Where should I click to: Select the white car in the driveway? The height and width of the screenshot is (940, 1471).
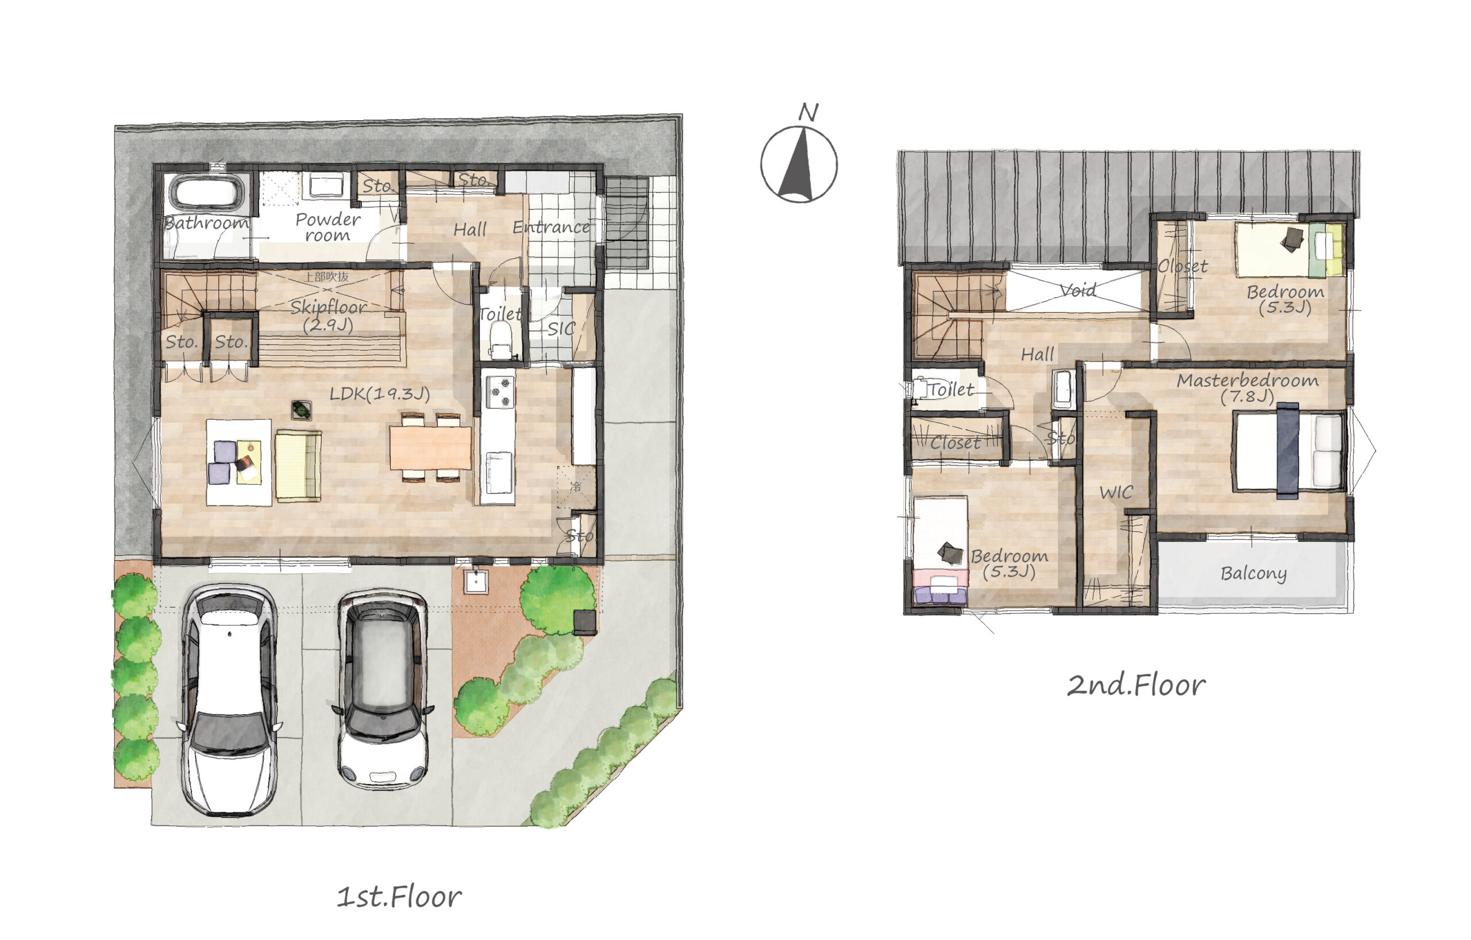229,699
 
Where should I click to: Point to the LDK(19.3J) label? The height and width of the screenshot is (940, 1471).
379,394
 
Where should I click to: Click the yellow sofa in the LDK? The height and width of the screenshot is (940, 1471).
298,466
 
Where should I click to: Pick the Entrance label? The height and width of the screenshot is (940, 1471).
551,227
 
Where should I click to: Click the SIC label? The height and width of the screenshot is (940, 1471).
561,329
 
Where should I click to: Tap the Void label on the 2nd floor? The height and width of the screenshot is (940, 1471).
1077,290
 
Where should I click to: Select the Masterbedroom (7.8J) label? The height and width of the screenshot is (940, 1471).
1247,388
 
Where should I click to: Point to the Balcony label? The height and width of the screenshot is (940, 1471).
1254,573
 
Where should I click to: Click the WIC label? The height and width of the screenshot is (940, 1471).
1116,493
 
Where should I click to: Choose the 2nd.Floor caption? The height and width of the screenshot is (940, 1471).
1136,686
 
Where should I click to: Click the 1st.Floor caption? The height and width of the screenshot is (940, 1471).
399,897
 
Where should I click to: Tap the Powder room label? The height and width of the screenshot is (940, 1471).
328,227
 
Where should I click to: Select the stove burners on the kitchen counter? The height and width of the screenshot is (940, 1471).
500,392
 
